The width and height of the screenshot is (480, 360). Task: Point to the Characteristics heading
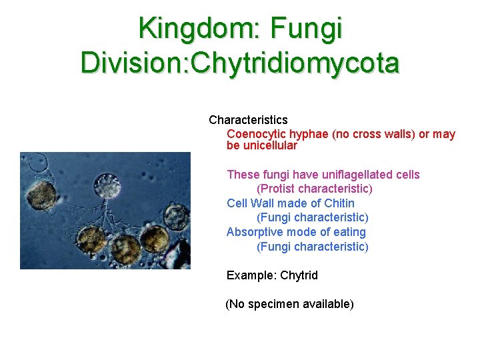click(248, 120)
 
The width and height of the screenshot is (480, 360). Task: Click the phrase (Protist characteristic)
click(315, 189)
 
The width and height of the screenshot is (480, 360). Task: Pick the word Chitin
click(339, 203)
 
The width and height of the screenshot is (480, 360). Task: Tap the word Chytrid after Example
click(299, 275)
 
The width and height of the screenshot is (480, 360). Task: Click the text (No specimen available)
click(289, 304)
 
